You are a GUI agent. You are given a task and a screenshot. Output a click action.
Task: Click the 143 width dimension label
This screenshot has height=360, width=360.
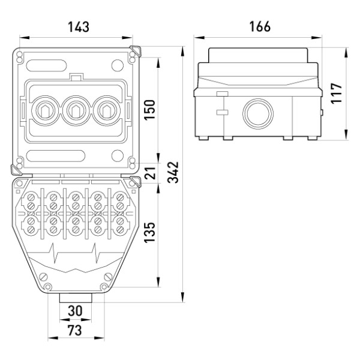(x=79, y=27)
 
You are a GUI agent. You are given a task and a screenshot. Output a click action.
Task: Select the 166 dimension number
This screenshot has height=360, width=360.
(x=260, y=26)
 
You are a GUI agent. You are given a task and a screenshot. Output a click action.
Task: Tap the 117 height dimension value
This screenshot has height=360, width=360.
(x=337, y=94)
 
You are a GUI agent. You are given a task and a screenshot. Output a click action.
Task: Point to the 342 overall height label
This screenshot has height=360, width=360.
(x=173, y=172)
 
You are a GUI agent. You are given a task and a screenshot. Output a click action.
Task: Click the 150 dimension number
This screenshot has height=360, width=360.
(x=149, y=110)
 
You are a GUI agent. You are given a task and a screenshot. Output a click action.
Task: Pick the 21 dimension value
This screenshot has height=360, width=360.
(x=150, y=173)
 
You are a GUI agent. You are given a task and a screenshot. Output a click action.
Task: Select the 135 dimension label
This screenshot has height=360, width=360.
(x=149, y=232)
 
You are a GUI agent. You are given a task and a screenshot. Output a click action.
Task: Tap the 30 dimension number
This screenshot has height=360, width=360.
(x=75, y=311)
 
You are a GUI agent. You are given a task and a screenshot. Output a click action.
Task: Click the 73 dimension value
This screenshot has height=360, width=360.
(x=74, y=331)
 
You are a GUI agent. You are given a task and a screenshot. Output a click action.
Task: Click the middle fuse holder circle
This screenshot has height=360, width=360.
(x=76, y=110)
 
